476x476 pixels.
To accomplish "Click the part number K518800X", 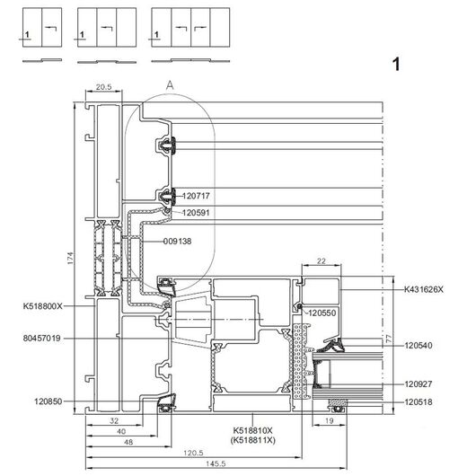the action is (42, 306).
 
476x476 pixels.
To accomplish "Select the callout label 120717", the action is (196, 196).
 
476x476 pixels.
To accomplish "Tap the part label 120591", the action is (196, 213).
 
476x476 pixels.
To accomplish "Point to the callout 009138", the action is (177, 242).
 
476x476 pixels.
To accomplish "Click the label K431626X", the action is (424, 289).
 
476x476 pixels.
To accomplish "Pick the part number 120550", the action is (322, 313).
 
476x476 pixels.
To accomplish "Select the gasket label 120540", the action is (419, 345).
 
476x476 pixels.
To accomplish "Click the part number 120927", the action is (419, 384).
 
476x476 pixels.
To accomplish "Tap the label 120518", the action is (419, 402).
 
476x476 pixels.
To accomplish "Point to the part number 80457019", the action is (42, 338).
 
